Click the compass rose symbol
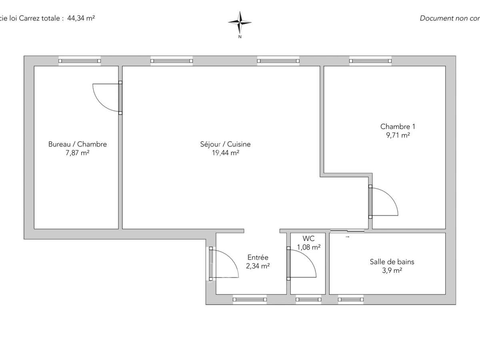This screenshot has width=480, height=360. point(240,23)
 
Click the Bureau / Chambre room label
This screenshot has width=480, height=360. point(77,144)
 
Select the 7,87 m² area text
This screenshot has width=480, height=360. point(77,152)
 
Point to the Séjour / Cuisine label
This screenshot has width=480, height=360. point(225,144)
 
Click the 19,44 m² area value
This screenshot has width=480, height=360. point(225,152)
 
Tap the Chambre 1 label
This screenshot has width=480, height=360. point(395,127)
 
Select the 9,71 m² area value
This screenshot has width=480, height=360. point(395,135)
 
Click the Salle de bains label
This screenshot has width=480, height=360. point(392,262)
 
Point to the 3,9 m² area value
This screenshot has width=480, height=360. point(392,270)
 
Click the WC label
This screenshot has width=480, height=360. point(308,239)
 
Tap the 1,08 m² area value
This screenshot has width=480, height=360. point(308,247)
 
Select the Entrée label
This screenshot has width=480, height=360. point(258,258)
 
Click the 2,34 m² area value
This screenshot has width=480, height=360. point(258,266)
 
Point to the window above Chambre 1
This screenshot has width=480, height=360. point(370,61)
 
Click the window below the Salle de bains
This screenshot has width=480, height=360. point(351,299)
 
